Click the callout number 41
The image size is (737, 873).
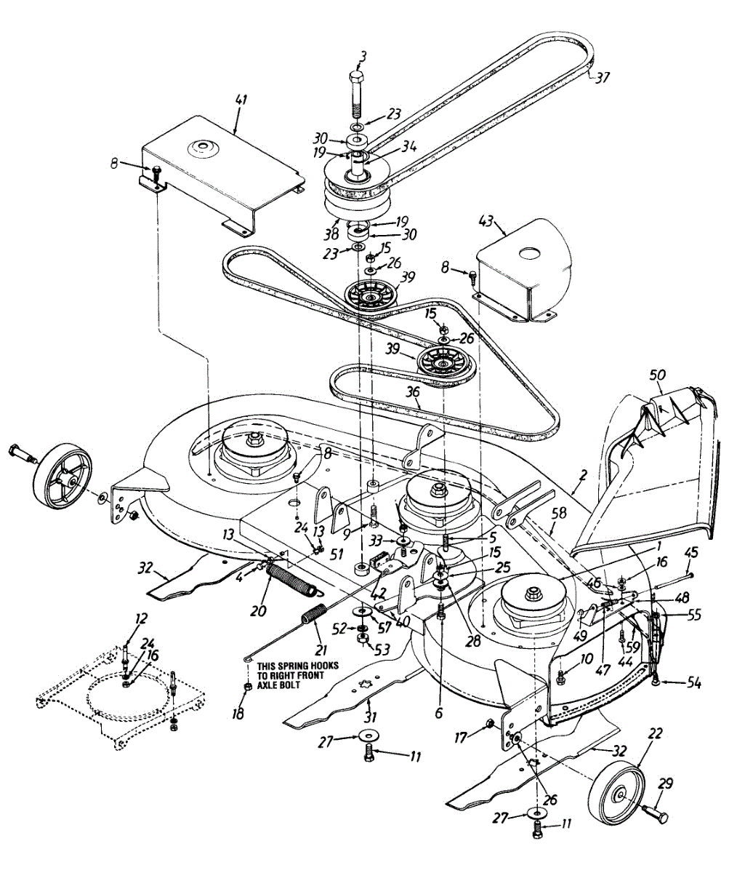(241, 100)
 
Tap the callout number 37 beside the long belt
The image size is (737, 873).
(603, 78)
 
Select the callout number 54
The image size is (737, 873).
(693, 683)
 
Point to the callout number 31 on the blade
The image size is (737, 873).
(370, 717)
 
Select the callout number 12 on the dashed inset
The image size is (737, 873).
(140, 619)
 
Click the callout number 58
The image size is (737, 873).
(558, 514)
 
